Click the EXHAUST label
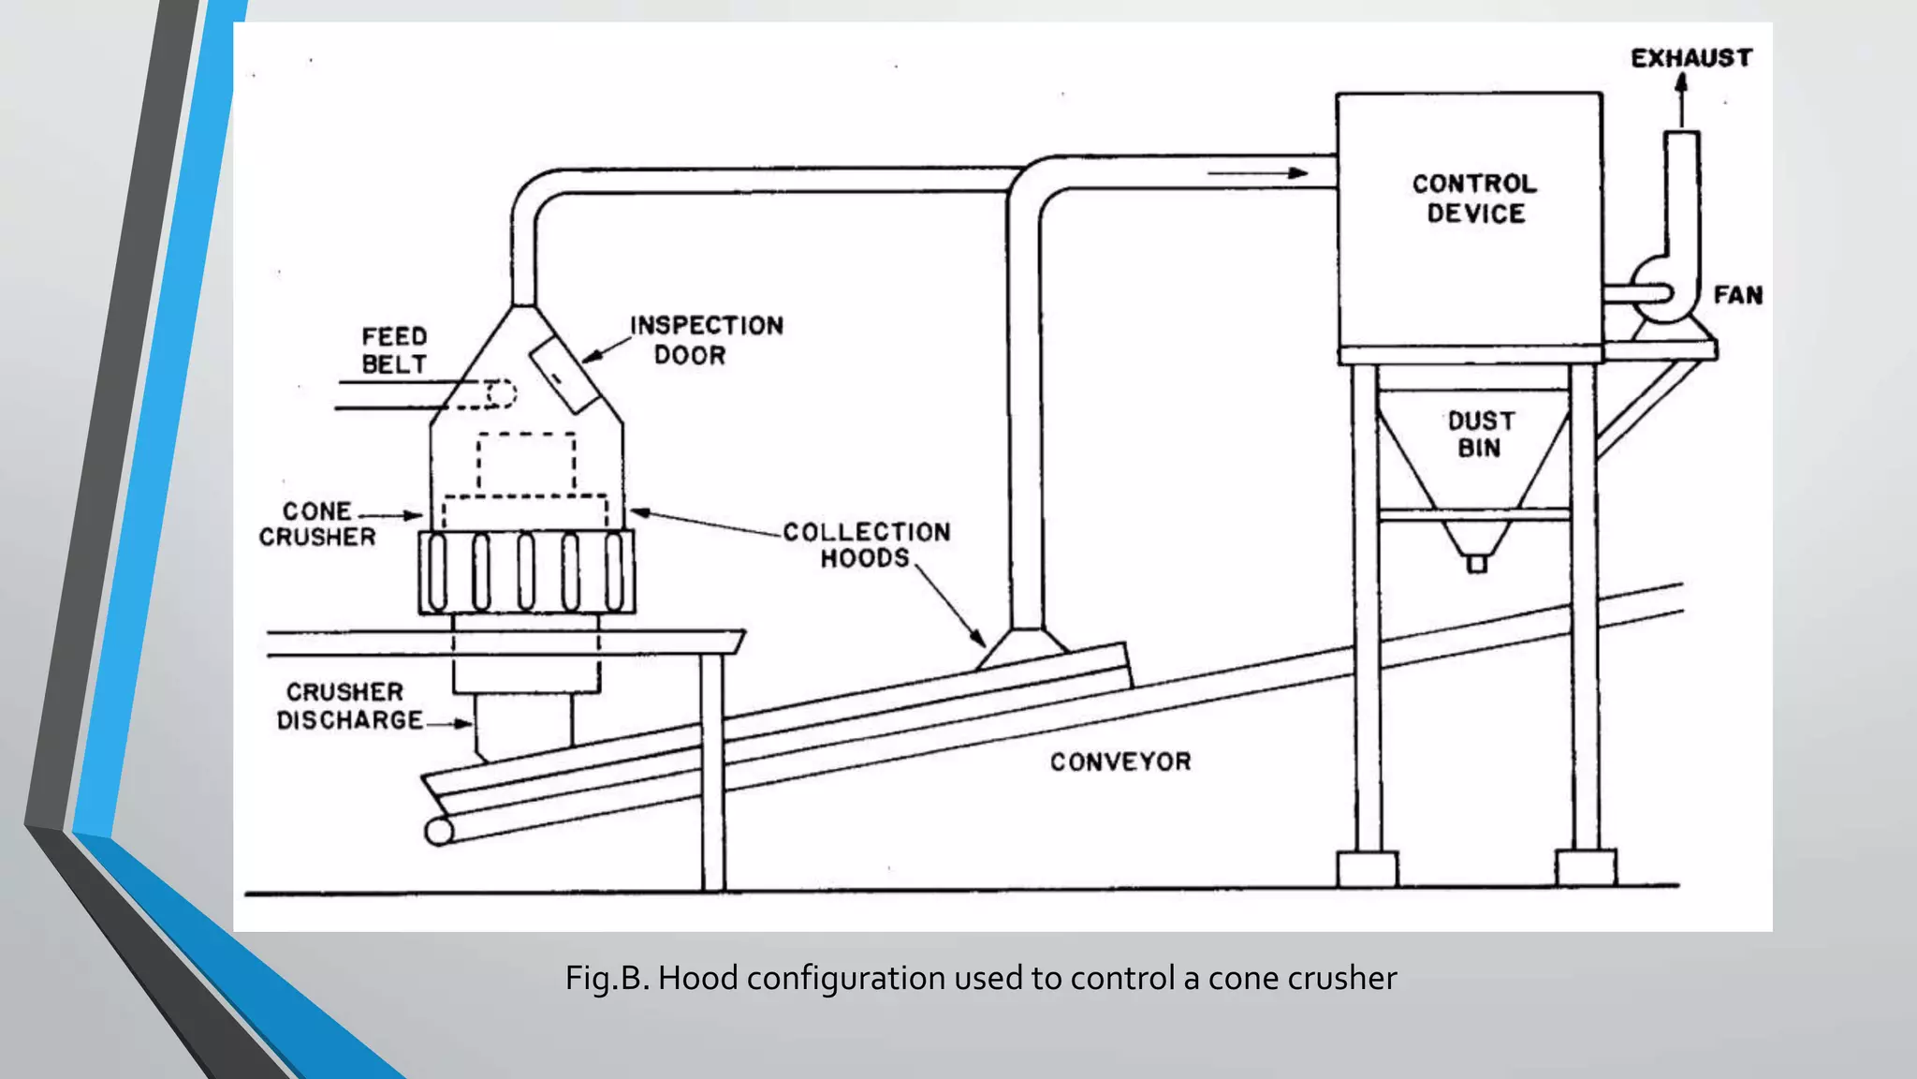1690,58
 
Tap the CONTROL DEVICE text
1474,199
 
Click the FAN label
1737,295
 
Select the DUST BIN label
1480,435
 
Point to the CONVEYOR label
1120,761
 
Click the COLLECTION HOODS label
865,545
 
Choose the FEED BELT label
394,350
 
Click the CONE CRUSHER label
316,525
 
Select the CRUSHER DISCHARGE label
347,706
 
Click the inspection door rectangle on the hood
565,375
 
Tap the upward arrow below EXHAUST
1681,99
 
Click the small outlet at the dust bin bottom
1476,564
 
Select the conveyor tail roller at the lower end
438,831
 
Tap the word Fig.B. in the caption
607,979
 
